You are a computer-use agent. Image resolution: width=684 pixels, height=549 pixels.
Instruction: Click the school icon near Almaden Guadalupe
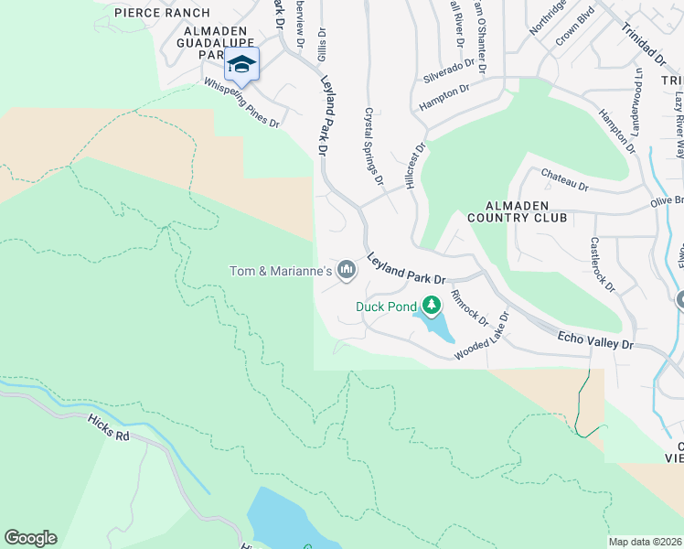[241, 64]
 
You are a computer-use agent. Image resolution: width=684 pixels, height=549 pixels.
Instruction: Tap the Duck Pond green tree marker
[432, 306]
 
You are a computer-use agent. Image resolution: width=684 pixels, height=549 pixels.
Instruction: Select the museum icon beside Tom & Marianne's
[347, 270]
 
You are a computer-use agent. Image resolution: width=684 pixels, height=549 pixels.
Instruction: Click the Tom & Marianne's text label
[280, 270]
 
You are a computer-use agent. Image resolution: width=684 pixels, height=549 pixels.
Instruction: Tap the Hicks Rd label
[111, 426]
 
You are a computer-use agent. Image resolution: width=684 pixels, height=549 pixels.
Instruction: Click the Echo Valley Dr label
[595, 341]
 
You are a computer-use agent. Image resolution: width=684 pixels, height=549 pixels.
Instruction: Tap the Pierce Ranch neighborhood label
[162, 13]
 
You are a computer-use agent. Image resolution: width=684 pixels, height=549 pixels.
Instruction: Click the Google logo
[30, 538]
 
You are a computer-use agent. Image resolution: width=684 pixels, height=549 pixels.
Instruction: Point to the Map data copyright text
[645, 542]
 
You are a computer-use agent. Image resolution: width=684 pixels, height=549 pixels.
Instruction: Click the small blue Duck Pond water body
[433, 325]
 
